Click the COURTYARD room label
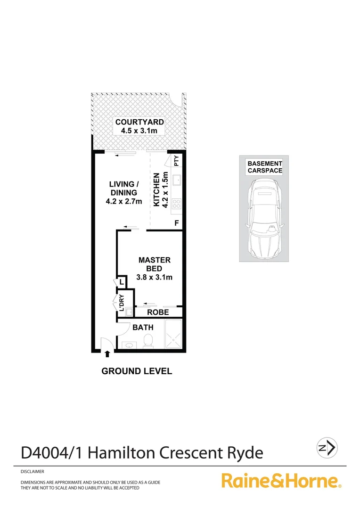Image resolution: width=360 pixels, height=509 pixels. click(x=137, y=123)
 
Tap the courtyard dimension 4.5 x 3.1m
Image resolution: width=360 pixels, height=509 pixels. click(x=137, y=131)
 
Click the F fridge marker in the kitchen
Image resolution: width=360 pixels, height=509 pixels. click(x=177, y=223)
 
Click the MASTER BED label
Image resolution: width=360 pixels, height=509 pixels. click(x=154, y=264)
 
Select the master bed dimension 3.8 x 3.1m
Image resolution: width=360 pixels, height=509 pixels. click(x=154, y=277)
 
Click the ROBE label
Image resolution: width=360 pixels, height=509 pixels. click(x=158, y=312)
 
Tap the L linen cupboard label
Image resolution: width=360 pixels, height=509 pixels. click(x=121, y=282)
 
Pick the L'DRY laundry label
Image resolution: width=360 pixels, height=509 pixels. click(x=121, y=302)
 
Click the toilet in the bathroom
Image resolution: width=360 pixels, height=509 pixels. click(x=147, y=340)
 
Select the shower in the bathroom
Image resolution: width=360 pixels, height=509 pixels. click(x=173, y=335)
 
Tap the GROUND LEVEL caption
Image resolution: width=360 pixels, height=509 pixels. click(x=137, y=371)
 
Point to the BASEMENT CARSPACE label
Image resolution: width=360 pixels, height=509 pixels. click(x=265, y=167)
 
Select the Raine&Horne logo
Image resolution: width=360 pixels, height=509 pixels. click(x=281, y=481)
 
